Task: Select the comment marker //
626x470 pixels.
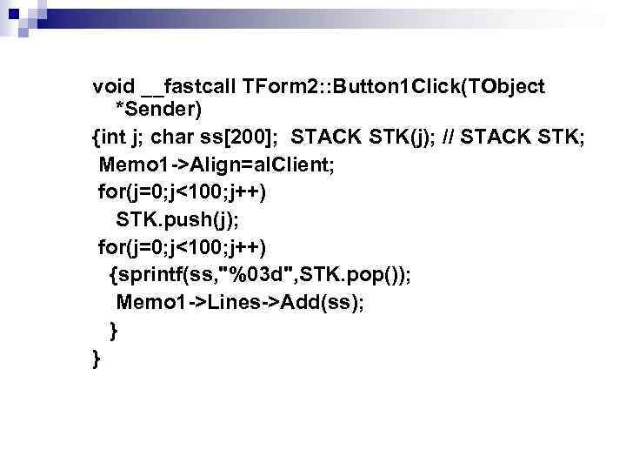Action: [450, 138]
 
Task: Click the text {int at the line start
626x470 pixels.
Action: [111, 138]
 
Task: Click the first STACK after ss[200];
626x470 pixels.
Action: [323, 138]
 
